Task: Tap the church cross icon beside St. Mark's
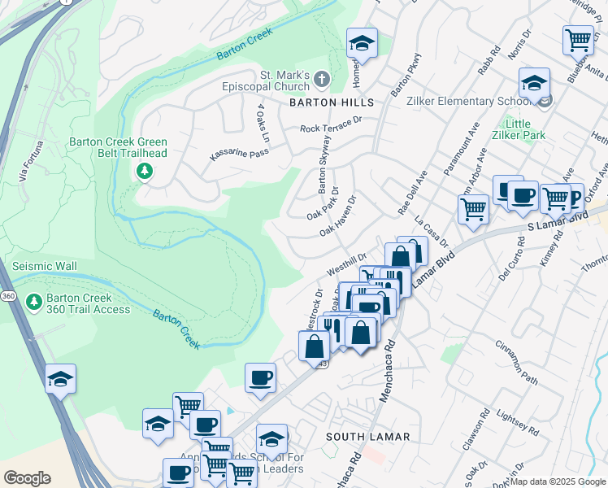(x=323, y=79)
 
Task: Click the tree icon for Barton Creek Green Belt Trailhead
(x=144, y=171)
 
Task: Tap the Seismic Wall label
(x=45, y=267)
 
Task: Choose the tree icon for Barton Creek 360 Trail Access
(x=33, y=302)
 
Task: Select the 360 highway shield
(x=7, y=294)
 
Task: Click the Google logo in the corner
(x=27, y=477)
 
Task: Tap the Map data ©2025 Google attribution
(x=558, y=481)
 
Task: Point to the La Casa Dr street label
(x=431, y=231)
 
